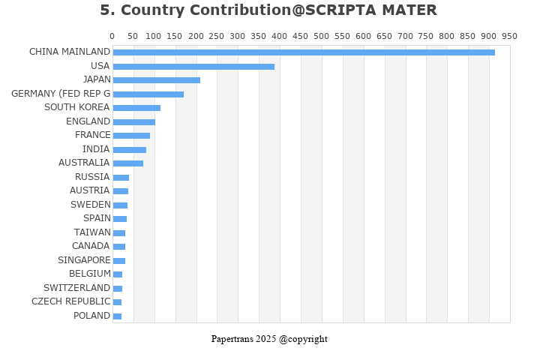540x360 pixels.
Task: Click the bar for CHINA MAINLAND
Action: [304, 52]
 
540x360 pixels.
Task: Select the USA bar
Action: [193, 66]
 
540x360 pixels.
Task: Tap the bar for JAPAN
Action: [156, 80]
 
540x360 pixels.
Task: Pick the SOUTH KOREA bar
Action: [136, 108]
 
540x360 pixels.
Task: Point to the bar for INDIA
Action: [129, 150]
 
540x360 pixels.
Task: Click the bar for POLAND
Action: [117, 316]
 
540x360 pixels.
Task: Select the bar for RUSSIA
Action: [121, 178]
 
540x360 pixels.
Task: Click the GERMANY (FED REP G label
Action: [61, 94]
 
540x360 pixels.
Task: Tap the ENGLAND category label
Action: [88, 121]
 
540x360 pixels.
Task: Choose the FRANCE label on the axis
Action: [92, 135]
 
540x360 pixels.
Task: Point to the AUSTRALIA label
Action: [84, 163]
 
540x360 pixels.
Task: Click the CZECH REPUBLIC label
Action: [70, 301]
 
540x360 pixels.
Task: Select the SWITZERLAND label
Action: [76, 288]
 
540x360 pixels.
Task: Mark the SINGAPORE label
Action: [84, 260]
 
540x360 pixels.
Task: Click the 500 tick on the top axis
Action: [322, 36]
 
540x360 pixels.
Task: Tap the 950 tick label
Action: [509, 36]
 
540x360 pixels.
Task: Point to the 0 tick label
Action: [112, 36]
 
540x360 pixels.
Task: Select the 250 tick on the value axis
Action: [217, 36]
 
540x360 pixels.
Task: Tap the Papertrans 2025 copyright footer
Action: [269, 339]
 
